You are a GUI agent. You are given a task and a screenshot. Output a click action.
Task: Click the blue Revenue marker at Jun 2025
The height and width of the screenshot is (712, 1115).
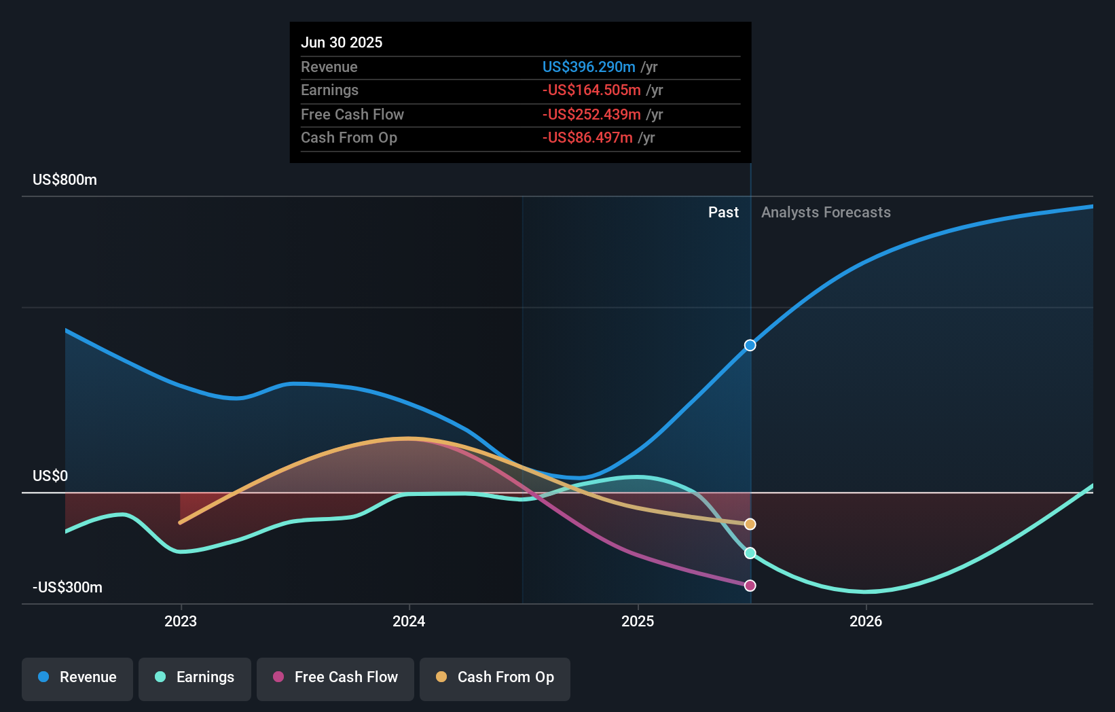(x=750, y=345)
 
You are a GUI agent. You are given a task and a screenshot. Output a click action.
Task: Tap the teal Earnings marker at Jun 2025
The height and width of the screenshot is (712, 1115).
(x=750, y=553)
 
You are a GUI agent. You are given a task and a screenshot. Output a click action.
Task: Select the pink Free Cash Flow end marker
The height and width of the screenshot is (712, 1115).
(x=750, y=586)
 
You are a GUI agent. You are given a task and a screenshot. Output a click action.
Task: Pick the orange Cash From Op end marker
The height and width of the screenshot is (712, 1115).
(x=750, y=524)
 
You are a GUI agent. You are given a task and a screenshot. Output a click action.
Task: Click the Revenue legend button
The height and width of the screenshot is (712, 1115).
(x=77, y=677)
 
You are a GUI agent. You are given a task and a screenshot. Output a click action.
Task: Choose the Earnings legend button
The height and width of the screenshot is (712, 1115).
(x=195, y=677)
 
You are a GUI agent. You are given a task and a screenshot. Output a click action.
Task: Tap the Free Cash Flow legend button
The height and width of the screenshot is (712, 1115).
(x=335, y=677)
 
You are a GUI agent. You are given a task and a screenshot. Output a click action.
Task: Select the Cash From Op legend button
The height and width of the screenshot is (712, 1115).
(x=495, y=677)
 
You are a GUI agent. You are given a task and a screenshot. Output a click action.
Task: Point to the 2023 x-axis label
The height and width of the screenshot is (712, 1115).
(x=181, y=621)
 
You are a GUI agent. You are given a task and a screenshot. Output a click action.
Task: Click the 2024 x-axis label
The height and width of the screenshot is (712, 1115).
(x=409, y=621)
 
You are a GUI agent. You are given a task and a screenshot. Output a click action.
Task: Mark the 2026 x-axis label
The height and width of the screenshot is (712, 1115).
(x=866, y=621)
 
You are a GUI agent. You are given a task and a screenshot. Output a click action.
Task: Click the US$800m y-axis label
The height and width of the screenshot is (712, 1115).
(x=65, y=180)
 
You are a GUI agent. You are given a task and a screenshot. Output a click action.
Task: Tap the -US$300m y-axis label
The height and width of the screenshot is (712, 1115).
(x=68, y=588)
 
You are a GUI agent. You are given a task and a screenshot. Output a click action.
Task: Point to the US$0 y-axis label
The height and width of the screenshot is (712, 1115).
(x=50, y=476)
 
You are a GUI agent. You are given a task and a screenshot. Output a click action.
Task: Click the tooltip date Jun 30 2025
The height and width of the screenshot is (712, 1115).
(x=342, y=42)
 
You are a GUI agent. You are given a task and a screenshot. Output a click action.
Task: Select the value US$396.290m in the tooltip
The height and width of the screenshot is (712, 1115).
(x=589, y=67)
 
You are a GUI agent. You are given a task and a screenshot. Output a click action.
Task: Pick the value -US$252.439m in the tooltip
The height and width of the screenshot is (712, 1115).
(x=591, y=114)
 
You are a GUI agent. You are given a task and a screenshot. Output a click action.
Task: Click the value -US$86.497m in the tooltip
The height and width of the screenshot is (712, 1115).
(x=587, y=137)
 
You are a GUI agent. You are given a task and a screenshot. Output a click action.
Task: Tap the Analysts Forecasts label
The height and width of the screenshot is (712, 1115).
(x=826, y=213)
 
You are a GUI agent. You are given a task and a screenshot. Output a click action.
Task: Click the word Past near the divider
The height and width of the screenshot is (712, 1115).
(x=723, y=213)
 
